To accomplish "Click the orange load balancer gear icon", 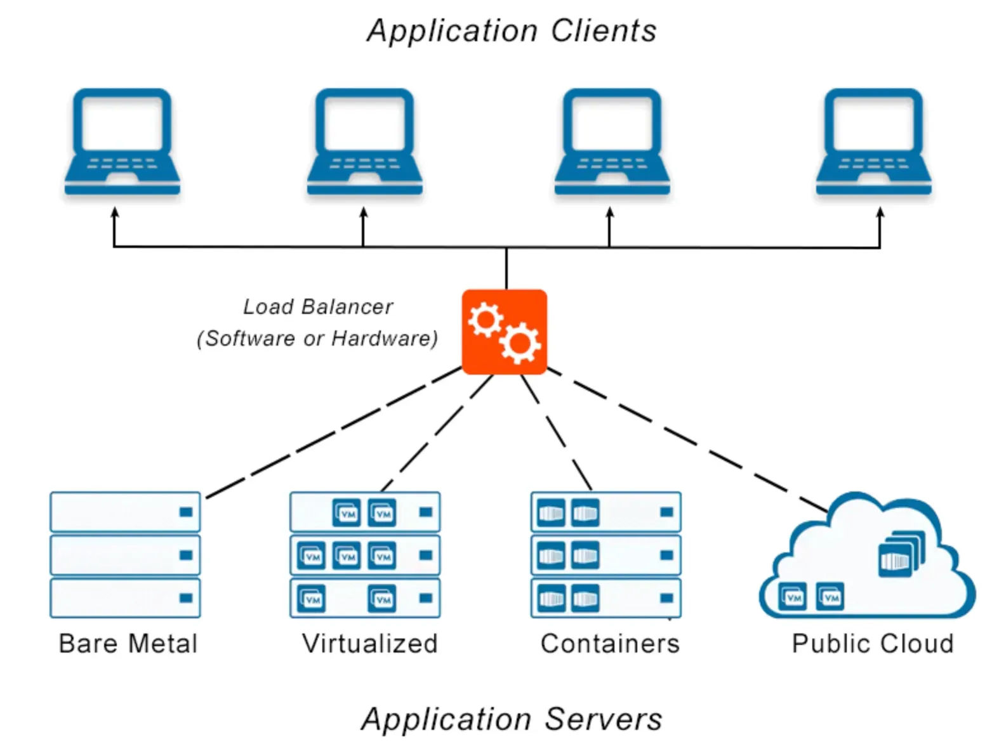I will click(504, 332).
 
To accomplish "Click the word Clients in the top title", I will click(603, 30).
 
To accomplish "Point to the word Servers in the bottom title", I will click(603, 719).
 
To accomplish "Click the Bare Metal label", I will click(128, 644).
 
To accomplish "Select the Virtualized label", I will click(370, 644).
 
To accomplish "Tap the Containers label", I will click(610, 644).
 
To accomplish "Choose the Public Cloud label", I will click(873, 644).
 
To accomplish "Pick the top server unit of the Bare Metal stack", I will click(125, 512).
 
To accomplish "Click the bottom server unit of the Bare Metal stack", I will click(125, 597).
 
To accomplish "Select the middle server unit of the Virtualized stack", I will click(364, 555).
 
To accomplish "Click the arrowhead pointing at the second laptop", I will click(363, 212).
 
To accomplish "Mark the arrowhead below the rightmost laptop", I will click(880, 212).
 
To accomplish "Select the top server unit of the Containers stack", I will click(605, 512).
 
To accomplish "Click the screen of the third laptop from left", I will click(612, 124).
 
